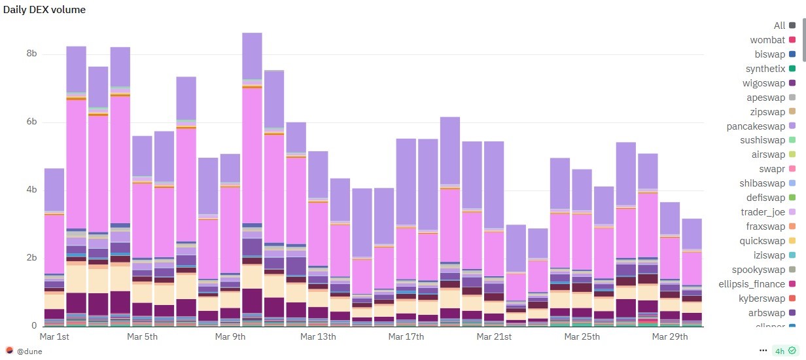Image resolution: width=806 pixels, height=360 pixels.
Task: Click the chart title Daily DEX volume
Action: pos(44,10)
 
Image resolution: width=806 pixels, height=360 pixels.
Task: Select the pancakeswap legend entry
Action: pos(761,126)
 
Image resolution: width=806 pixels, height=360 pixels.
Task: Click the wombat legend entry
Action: pos(767,40)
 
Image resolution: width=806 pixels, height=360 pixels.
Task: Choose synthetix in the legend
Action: pos(765,69)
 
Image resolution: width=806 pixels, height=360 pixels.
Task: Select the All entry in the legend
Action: pos(779,26)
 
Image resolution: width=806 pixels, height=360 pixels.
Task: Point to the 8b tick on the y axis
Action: pos(30,54)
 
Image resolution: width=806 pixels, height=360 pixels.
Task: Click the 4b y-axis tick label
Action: pos(30,190)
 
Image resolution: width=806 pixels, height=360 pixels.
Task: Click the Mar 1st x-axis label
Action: pos(55,337)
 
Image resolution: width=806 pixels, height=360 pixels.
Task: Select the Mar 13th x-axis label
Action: pos(318,337)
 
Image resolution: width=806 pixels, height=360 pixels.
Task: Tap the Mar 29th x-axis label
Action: pos(670,337)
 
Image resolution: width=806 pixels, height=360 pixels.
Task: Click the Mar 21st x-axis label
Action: pos(494,337)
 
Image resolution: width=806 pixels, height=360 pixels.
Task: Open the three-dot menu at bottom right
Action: pos(763,350)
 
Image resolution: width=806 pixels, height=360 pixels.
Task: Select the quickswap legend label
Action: pos(763,240)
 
